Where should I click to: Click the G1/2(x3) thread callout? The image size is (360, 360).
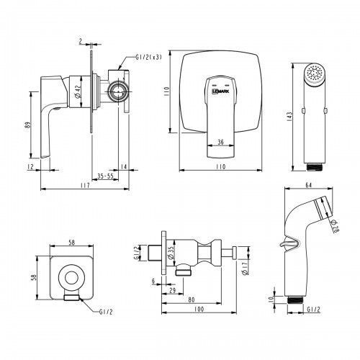pos(148,58)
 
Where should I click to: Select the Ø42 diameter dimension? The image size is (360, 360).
pos(78,92)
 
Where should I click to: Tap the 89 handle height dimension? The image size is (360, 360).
pos(29,125)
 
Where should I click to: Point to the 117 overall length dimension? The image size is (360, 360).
pos(85,185)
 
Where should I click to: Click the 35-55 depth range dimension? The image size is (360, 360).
pos(105,176)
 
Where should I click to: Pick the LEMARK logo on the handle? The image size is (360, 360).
pos(220,91)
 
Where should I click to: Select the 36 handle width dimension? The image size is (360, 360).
pos(220,142)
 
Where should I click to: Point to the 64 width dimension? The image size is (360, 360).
pos(309,185)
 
